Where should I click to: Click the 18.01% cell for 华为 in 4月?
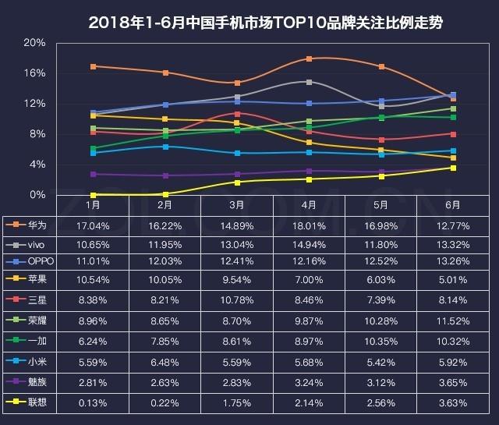tap(309, 225)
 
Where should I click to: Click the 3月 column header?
tap(236, 206)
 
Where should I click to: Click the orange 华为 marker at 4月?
tap(310, 58)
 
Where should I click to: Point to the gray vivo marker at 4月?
tap(310, 82)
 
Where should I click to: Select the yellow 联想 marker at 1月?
tap(94, 194)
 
